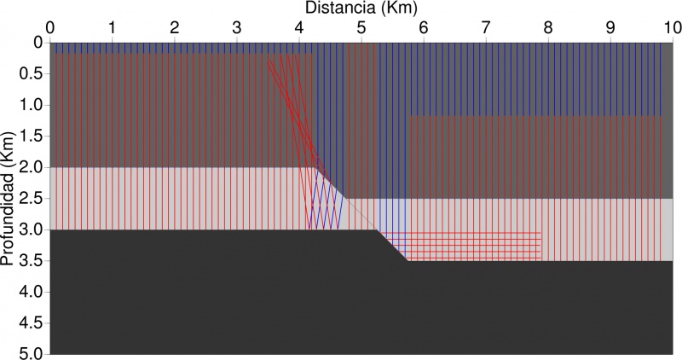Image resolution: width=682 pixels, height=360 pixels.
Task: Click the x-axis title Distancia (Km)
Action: click(361, 8)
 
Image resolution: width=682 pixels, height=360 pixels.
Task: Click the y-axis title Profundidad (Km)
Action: click(9, 198)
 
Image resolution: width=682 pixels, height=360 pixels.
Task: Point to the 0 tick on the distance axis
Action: click(50, 27)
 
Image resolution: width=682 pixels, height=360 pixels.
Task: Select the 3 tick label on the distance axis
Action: click(237, 27)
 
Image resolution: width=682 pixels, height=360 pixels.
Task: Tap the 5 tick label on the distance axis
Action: click(361, 27)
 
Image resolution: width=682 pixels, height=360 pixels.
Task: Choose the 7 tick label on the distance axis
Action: click(486, 27)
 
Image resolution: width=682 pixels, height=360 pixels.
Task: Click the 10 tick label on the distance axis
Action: click(671, 27)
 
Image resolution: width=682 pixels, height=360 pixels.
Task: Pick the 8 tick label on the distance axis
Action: click(548, 27)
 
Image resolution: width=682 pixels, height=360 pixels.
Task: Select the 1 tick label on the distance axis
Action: click(113, 27)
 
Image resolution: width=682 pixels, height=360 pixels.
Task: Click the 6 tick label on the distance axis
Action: click(424, 27)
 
